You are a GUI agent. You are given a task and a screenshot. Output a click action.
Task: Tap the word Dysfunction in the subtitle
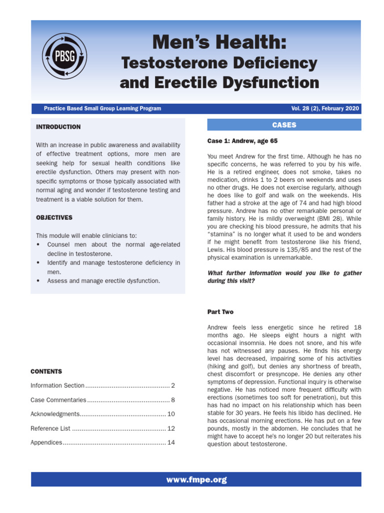pyautogui.click(x=272, y=82)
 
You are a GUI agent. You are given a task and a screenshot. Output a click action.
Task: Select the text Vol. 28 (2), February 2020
pyautogui.click(x=324, y=109)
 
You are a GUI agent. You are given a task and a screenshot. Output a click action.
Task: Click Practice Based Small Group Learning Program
pyautogui.click(x=102, y=109)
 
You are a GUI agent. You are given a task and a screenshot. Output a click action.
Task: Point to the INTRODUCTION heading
pyautogui.click(x=58, y=127)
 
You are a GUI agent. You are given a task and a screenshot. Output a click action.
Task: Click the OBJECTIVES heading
pyautogui.click(x=54, y=218)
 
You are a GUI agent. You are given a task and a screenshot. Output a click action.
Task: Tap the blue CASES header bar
pyautogui.click(x=284, y=125)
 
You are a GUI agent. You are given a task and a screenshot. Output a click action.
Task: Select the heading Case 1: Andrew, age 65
pyautogui.click(x=242, y=141)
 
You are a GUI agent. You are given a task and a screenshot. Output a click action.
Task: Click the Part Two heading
pyautogui.click(x=220, y=312)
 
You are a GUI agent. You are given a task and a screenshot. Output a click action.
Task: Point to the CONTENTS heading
pyautogui.click(x=46, y=372)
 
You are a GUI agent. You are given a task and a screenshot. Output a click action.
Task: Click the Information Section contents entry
pyautogui.click(x=57, y=386)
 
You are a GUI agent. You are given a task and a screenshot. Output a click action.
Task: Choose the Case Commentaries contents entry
pyautogui.click(x=58, y=400)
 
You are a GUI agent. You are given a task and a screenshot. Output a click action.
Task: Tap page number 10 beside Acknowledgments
pyautogui.click(x=171, y=414)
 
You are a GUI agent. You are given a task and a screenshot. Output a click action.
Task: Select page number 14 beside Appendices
pyautogui.click(x=171, y=443)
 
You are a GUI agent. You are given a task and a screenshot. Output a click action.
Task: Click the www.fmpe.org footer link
pyautogui.click(x=196, y=479)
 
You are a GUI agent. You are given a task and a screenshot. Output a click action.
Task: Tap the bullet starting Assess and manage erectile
pyautogui.click(x=103, y=281)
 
